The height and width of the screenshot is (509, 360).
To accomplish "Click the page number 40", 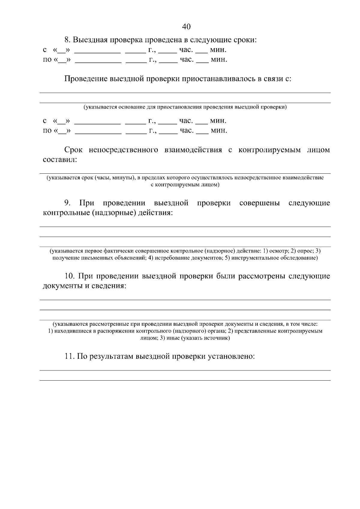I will (186, 27).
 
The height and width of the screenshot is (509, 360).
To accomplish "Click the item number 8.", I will (67, 40).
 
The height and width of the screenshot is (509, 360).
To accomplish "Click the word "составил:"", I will (60, 160).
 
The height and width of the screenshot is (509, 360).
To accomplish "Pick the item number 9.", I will (67, 203).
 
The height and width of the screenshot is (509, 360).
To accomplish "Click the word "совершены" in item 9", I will (259, 203).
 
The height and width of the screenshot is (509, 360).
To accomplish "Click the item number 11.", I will (69, 356).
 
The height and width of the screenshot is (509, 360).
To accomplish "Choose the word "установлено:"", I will (231, 356).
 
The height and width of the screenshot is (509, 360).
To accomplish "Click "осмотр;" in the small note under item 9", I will (278, 251).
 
